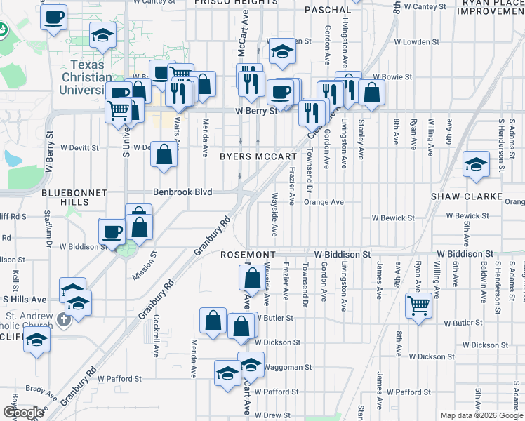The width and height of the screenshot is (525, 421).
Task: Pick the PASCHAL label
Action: (328, 10)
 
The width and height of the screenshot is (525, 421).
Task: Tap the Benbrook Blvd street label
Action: (182, 191)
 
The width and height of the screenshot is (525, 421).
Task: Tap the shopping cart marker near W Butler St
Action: (418, 305)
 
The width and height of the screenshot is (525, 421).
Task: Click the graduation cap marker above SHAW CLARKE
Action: (476, 165)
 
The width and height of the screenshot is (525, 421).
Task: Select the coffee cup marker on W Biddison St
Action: (112, 232)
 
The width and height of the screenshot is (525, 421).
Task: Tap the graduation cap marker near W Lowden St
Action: (282, 51)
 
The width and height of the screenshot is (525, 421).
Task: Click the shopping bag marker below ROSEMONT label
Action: (252, 278)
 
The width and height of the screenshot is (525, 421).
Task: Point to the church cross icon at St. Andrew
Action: (64, 321)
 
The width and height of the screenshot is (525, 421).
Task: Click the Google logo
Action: (22, 413)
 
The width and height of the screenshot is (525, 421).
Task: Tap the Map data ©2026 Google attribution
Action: (481, 415)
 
